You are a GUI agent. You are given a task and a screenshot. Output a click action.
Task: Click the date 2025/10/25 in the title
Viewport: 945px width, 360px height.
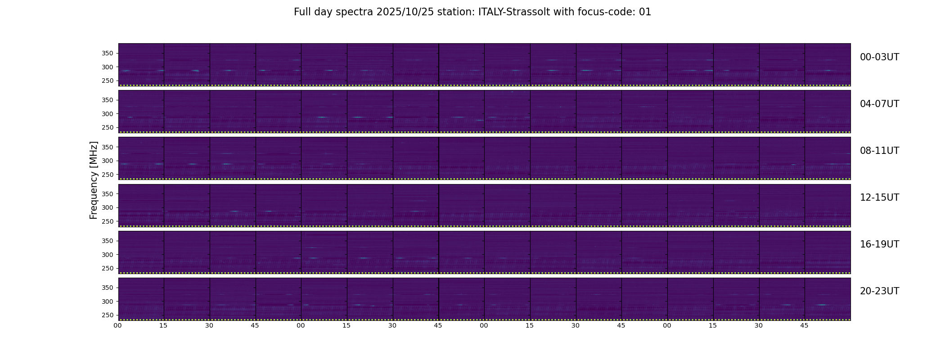(405, 12)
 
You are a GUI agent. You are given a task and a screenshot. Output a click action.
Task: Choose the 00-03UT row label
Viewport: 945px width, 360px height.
(879, 57)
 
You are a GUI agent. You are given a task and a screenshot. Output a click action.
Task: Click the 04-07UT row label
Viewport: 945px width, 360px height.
(879, 104)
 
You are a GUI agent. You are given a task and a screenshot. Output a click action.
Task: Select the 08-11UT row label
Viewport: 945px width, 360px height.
(879, 151)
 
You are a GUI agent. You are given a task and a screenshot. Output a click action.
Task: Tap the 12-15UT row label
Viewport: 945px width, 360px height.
(879, 198)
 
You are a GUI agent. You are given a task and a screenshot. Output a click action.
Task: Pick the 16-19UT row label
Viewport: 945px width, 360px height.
(879, 244)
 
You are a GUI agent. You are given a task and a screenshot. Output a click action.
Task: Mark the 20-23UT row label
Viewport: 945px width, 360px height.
(879, 291)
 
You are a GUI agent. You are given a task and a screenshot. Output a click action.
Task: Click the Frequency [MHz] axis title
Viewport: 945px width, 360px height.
(94, 180)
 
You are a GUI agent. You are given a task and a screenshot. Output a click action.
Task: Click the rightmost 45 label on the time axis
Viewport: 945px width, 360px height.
(804, 325)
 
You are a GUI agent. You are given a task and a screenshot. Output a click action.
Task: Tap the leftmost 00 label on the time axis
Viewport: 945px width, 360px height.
(117, 325)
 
